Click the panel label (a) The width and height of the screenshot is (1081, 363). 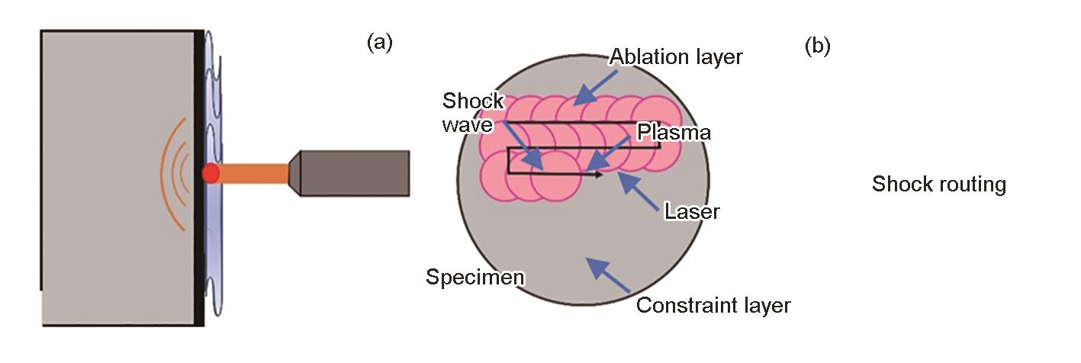(x=379, y=43)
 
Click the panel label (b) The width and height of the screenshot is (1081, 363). (x=817, y=47)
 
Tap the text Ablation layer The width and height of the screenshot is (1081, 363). (x=676, y=57)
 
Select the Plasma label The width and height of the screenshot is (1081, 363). (x=674, y=132)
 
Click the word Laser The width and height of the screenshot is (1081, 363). (x=692, y=210)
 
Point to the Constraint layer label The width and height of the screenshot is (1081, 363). (x=713, y=306)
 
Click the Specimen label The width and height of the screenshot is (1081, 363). (x=475, y=276)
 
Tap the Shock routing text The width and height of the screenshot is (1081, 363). (x=939, y=185)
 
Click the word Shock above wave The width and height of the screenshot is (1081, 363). (x=474, y=101)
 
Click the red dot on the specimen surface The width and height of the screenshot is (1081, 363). (x=211, y=174)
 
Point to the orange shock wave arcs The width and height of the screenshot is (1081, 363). (x=174, y=174)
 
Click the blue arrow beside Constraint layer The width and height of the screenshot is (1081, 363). (x=608, y=275)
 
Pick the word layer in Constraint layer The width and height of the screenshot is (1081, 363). (x=764, y=306)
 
